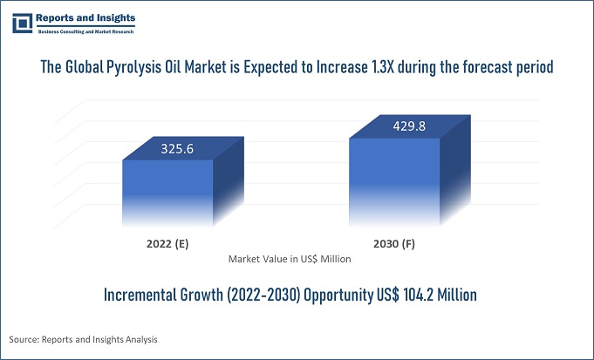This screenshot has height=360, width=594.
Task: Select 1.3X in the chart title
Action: (x=381, y=68)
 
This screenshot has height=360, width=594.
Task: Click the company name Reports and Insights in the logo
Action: (x=85, y=17)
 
